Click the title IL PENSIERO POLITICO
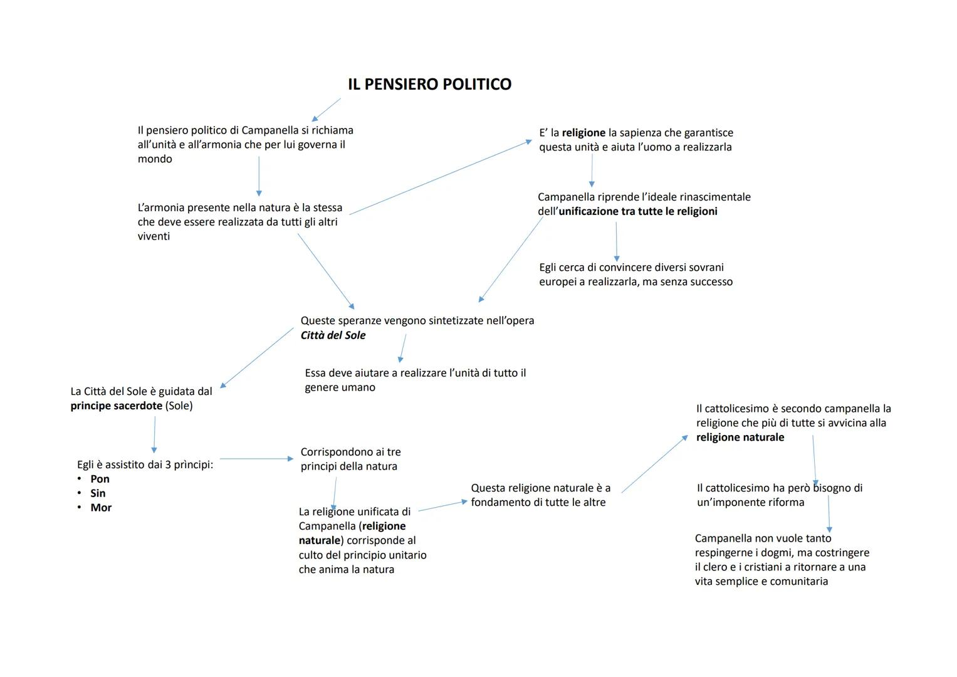pos(429,84)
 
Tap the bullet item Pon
pos(100,479)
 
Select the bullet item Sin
pos(98,493)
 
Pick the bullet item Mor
pos(100,508)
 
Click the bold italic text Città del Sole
pos(333,335)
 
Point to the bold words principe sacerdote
pos(116,406)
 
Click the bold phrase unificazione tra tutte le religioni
pos(637,211)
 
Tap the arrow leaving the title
pos(326,110)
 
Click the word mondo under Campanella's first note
pos(155,159)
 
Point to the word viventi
pos(154,236)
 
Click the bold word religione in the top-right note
pos(583,133)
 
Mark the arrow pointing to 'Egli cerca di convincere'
pos(616,241)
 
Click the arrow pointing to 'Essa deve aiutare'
pos(402,348)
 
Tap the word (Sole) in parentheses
pos(179,406)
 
